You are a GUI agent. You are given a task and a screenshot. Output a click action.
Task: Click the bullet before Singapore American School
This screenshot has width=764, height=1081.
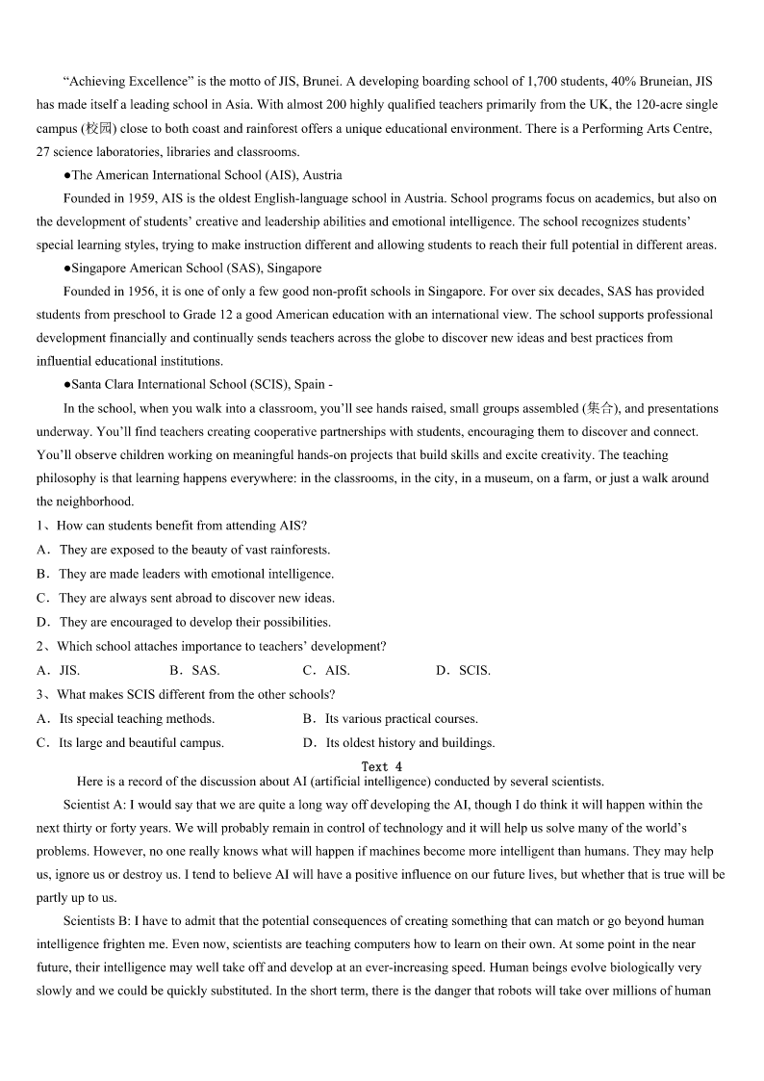point(67,269)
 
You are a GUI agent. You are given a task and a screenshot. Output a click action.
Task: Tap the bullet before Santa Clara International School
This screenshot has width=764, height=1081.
point(67,384)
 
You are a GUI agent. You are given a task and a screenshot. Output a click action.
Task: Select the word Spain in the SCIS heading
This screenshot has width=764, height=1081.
point(310,384)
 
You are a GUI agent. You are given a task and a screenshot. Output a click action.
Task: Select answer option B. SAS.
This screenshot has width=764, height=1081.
point(194,670)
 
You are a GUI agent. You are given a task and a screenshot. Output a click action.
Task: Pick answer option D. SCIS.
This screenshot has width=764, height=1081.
point(463,670)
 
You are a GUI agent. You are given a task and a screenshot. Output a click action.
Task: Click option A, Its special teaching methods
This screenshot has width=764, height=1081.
point(126,718)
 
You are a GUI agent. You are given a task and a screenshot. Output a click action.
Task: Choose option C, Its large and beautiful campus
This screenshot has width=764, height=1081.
point(130,742)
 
